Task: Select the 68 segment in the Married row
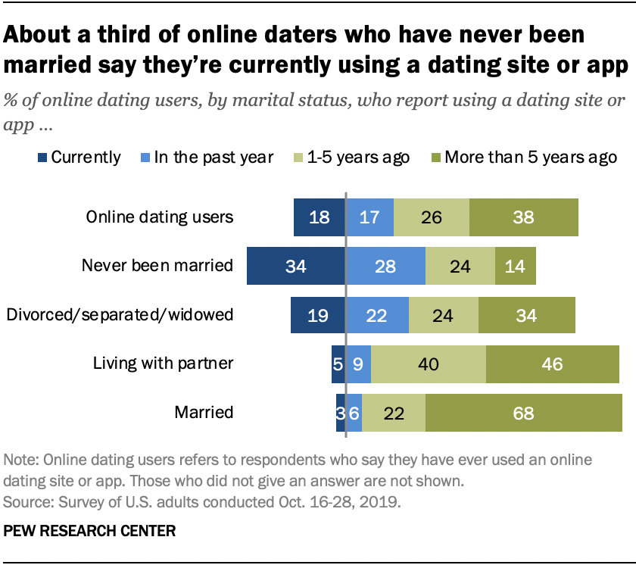click(523, 414)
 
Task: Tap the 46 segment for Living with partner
click(553, 364)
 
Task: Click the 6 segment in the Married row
click(354, 414)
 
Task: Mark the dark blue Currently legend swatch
click(42, 158)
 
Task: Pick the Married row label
click(204, 414)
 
